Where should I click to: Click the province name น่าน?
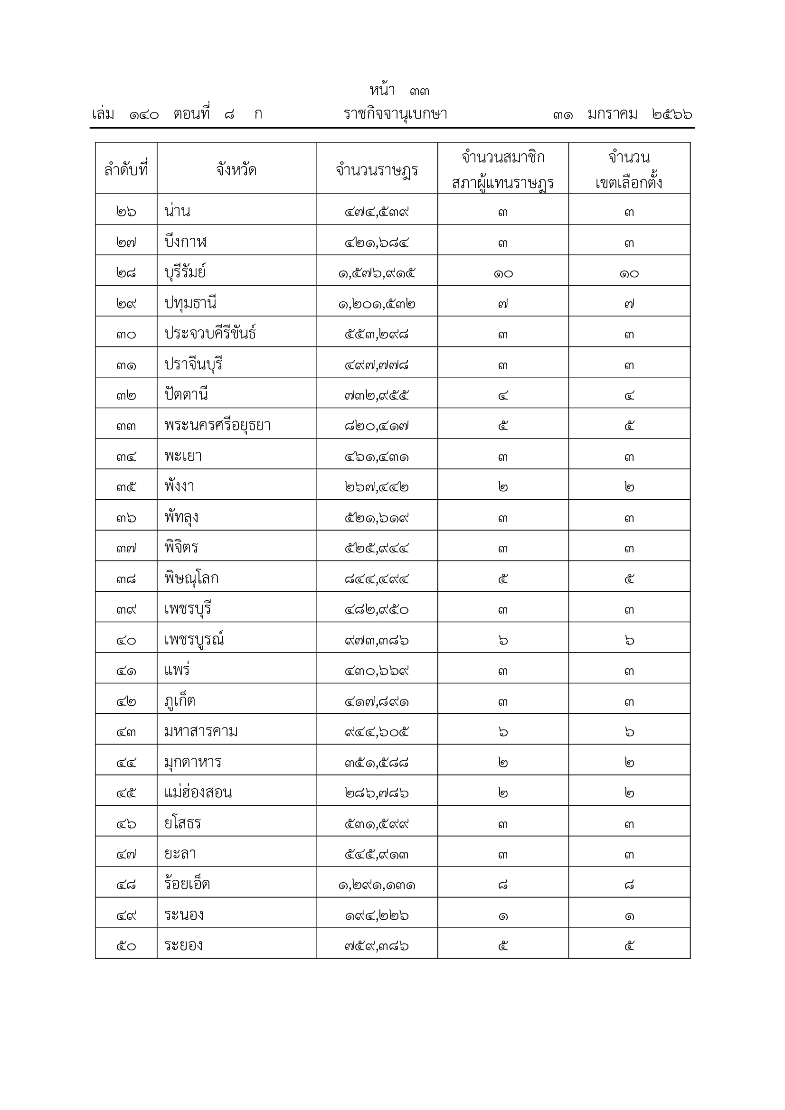tap(178, 211)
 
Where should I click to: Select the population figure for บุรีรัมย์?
tap(377, 273)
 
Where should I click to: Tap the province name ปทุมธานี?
tap(190, 303)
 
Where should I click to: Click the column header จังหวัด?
tap(236, 170)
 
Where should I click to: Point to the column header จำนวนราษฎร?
tap(377, 170)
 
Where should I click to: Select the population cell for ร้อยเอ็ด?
tap(377, 885)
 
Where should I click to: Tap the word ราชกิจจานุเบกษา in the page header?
tap(395, 114)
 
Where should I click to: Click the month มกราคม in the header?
tap(612, 114)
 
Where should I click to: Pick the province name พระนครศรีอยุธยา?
tap(217, 425)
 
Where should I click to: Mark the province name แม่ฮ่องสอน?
tap(199, 793)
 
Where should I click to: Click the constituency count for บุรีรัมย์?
tap(629, 273)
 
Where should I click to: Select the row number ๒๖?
tap(126, 211)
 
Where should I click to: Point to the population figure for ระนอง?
tap(377, 915)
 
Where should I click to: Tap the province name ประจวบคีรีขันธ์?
tap(210, 334)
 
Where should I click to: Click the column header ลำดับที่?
tap(126, 170)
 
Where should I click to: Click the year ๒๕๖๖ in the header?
tap(672, 114)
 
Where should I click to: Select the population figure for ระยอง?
tap(377, 946)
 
